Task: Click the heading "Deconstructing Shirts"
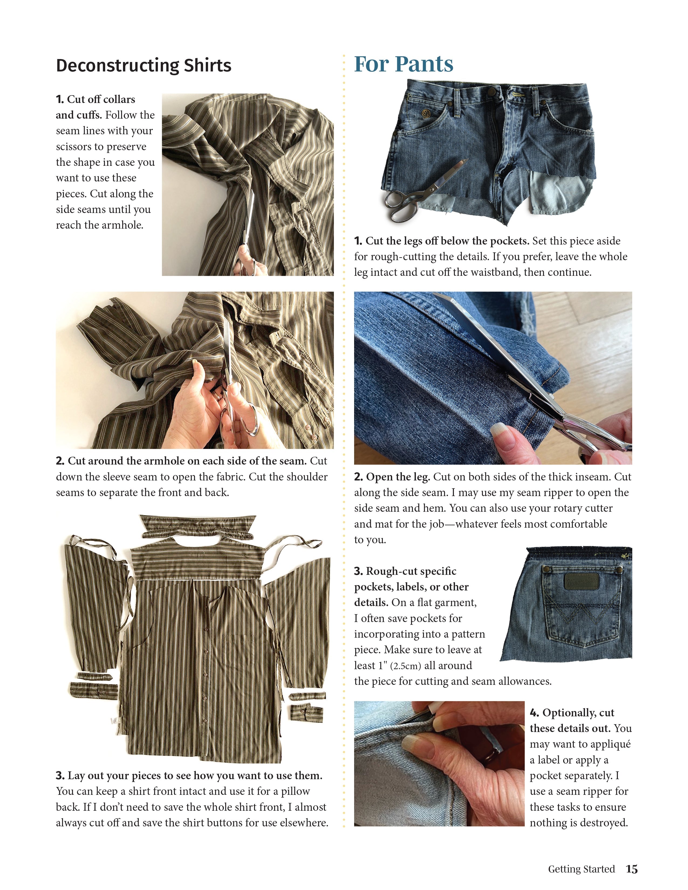pos(143,66)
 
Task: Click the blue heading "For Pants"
pos(403,64)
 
